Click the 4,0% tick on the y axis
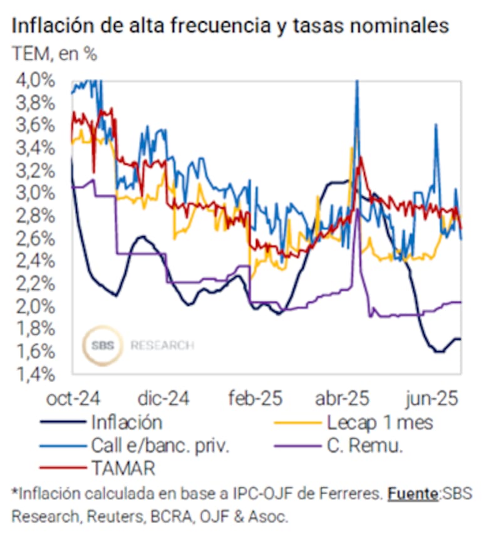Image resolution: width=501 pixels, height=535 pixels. tap(39, 81)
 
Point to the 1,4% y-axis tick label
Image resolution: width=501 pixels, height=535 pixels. tap(39, 374)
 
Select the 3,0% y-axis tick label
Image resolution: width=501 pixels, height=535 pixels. tap(39, 194)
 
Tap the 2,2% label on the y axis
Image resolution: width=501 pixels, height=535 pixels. tap(39, 284)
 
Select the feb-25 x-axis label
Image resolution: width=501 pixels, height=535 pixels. tap(254, 398)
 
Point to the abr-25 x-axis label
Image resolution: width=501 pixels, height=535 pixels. tap(342, 398)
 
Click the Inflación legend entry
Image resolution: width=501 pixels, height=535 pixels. tap(126, 422)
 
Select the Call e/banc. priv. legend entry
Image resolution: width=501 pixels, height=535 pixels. tap(160, 445)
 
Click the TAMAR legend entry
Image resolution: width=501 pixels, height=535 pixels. tap(123, 468)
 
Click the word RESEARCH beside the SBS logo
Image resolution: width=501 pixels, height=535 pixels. tap(162, 345)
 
